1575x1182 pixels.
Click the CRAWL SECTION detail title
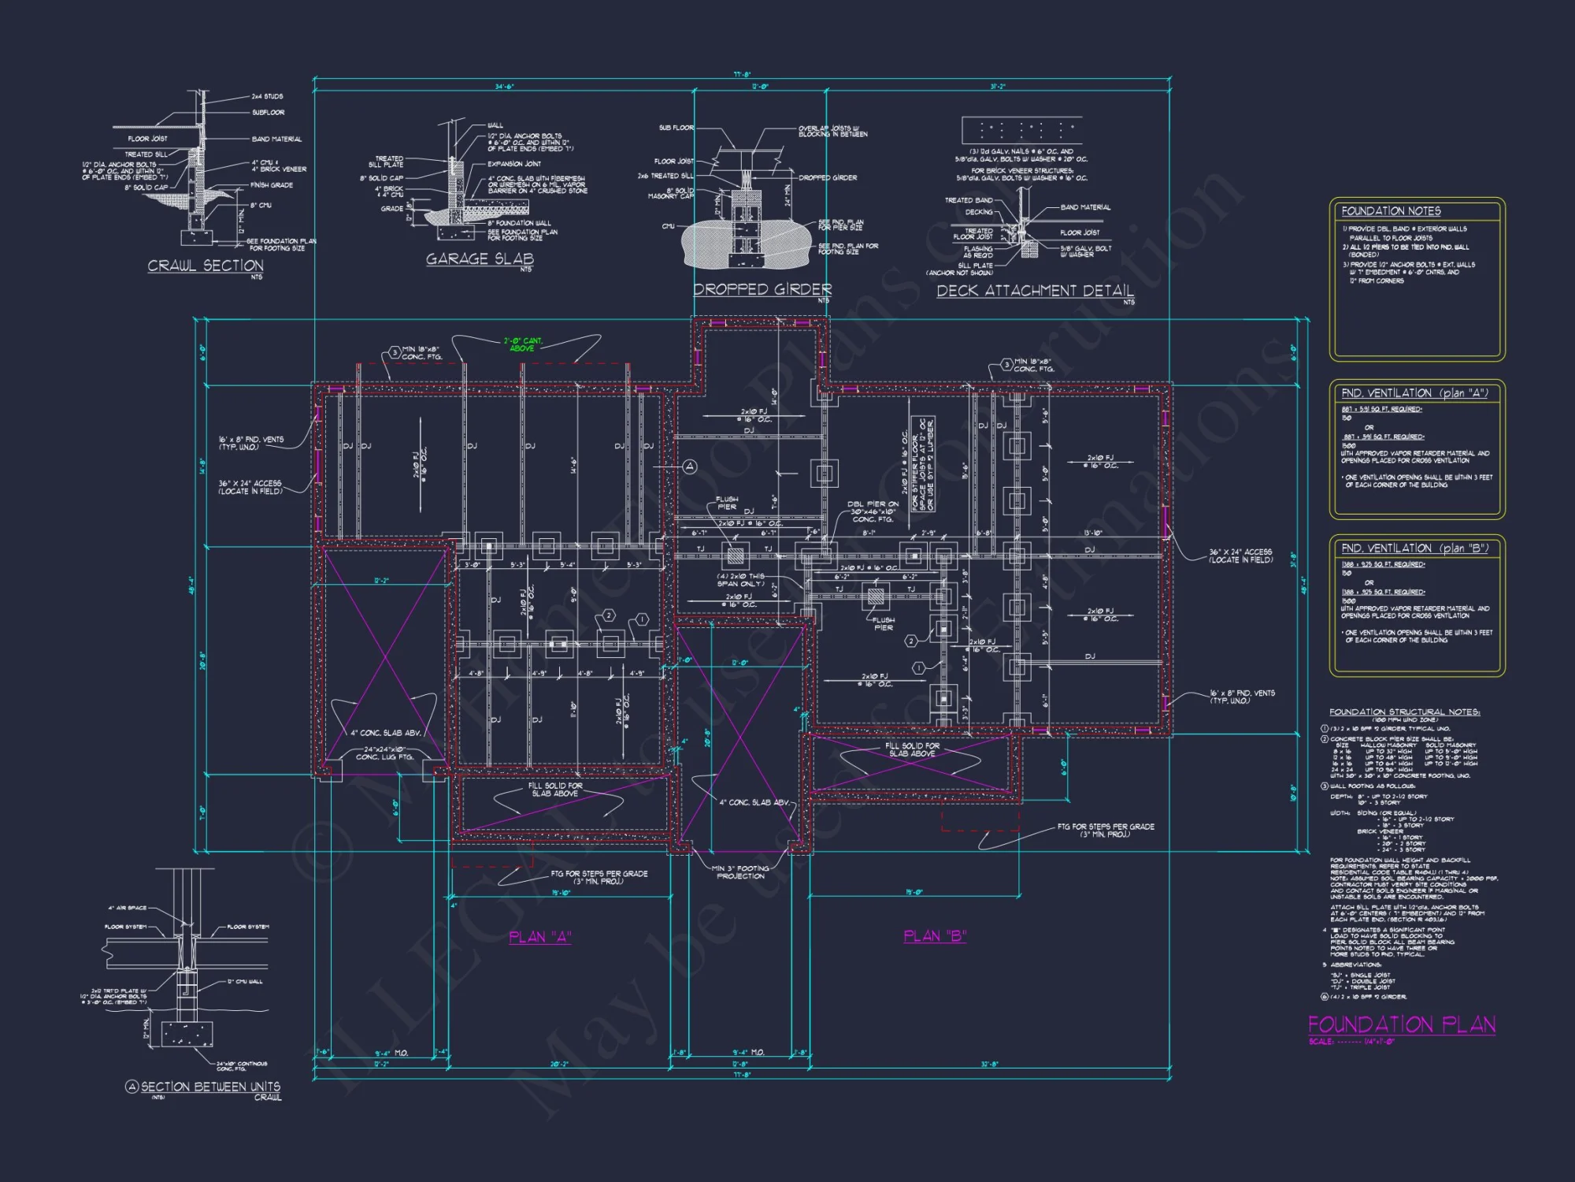pos(206,266)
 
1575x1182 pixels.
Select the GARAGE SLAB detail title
pos(480,258)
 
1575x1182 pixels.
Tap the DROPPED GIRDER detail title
pos(762,289)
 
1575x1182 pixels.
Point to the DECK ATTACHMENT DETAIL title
pos(1035,291)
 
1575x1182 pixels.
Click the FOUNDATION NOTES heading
pos(1391,211)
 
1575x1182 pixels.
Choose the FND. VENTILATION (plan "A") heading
pos(1414,392)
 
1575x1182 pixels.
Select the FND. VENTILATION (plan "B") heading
pos(1414,548)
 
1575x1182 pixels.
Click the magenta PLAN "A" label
pos(540,937)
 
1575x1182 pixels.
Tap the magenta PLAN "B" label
pos(935,936)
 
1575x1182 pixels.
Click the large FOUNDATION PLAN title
pos(1402,1024)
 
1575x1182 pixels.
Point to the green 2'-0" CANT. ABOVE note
pos(523,344)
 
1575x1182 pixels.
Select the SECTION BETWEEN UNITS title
pos(210,1087)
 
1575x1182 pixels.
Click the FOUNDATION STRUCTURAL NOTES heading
pos(1404,712)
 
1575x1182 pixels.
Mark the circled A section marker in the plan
pos(690,467)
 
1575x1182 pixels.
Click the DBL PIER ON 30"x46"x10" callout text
pos(873,511)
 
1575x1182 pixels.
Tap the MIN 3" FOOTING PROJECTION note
pos(740,872)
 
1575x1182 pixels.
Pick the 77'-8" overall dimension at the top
pos(742,75)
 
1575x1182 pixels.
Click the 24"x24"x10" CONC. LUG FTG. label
pos(384,753)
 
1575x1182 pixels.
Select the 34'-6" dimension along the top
pos(504,87)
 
